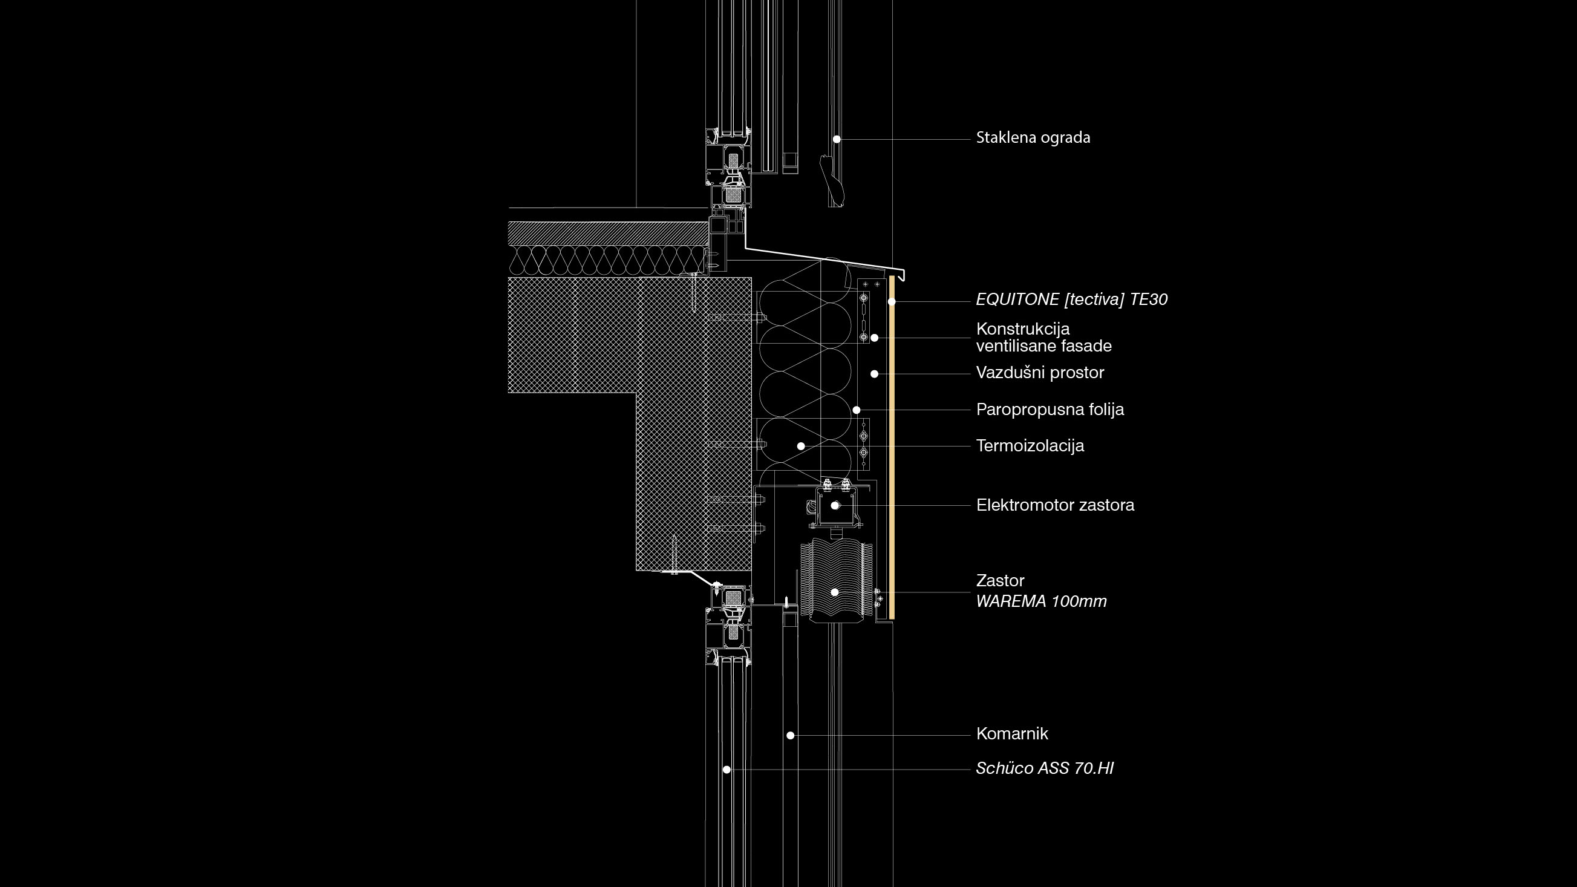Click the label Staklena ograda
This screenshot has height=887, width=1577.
pos(1033,138)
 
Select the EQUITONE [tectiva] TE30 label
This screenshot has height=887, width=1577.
pos(1071,299)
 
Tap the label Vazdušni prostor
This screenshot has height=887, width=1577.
pos(1040,373)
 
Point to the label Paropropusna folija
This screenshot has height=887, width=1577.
pos(1050,410)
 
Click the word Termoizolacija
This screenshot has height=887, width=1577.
pos(1030,446)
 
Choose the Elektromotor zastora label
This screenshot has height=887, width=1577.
pos(1055,505)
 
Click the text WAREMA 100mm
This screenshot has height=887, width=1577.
pos(1041,601)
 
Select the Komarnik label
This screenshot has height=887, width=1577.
pos(1012,733)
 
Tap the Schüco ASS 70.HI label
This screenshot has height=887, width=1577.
pos(1045,768)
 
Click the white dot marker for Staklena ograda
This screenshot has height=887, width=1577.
pos(836,140)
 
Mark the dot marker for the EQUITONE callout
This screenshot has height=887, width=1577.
pos(892,301)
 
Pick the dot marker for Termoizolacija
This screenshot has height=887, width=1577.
pos(801,447)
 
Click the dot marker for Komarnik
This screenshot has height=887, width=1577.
pos(791,735)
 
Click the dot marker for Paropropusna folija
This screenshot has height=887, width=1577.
pos(857,410)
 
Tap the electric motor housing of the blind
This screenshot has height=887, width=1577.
pos(836,506)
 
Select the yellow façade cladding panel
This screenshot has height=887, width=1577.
pos(893,448)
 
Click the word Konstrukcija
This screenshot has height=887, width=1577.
pos(1023,329)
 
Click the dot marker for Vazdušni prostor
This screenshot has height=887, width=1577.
pos(875,373)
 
